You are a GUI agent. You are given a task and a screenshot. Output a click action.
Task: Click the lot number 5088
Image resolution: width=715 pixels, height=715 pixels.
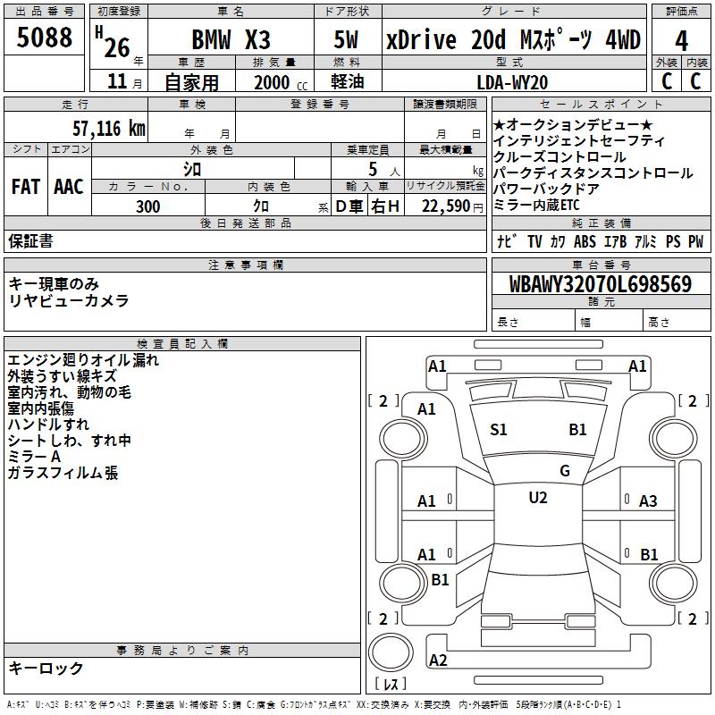(x=44, y=38)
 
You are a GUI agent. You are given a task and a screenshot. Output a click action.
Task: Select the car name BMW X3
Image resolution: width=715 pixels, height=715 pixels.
(x=231, y=39)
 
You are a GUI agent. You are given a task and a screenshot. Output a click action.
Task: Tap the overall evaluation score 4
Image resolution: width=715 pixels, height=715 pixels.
(x=681, y=41)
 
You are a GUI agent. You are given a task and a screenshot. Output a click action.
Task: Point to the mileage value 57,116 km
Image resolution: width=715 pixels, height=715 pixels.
(x=109, y=129)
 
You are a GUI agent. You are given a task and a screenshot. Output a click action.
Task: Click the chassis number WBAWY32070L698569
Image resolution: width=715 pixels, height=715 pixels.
(x=601, y=284)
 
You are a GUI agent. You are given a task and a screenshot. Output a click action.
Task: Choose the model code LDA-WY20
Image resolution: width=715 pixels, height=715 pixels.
(x=512, y=82)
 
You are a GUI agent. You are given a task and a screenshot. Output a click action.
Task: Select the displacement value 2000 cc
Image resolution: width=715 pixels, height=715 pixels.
(x=281, y=82)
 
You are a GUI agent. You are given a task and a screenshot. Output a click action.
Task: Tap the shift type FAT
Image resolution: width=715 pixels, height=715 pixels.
(x=26, y=187)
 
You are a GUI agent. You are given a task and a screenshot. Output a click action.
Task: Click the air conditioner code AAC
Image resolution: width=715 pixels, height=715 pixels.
(x=69, y=187)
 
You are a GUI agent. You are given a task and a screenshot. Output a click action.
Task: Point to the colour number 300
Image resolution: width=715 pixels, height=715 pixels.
(x=148, y=206)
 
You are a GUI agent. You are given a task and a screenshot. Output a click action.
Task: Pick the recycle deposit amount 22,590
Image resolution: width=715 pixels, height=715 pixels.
(x=445, y=206)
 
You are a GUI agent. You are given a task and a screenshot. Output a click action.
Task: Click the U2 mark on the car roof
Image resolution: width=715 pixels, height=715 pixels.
(x=538, y=498)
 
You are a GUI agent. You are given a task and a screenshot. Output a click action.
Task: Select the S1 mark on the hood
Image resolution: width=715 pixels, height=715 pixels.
(x=499, y=429)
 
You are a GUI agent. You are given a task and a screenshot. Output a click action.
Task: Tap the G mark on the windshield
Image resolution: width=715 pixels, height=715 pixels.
(x=565, y=470)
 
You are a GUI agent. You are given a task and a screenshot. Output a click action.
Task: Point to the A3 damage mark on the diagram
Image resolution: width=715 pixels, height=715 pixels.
(x=648, y=501)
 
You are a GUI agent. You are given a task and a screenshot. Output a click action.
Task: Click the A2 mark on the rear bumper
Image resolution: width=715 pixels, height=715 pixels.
(x=438, y=660)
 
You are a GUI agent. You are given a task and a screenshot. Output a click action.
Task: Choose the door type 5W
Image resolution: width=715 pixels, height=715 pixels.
(x=346, y=39)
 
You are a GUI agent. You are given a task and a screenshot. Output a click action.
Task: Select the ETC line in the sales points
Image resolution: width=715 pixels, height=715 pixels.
(x=536, y=206)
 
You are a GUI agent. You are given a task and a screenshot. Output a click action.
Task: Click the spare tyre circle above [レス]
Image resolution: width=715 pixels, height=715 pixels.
(x=391, y=652)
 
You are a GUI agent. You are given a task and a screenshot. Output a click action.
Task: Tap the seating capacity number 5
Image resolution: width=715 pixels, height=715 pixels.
(x=373, y=169)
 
